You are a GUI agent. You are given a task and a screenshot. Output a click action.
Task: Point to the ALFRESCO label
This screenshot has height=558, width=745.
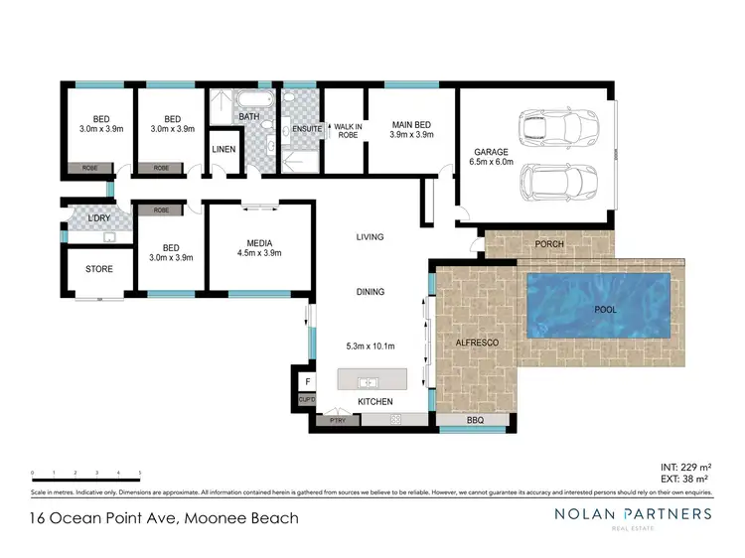pos(476,343)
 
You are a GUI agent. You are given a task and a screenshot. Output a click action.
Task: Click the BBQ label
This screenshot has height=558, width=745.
pos(474,421)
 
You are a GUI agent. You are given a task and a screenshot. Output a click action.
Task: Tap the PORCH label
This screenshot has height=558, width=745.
pos(549,243)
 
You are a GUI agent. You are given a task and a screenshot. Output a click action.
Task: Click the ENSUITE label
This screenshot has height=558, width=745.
pos(306,129)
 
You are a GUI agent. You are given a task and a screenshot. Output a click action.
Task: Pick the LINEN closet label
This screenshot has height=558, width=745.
pos(224,149)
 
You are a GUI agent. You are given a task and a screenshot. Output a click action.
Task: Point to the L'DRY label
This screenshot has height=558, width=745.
pos(97,218)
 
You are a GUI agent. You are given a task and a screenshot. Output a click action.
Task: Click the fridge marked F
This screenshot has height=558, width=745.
pos(308,381)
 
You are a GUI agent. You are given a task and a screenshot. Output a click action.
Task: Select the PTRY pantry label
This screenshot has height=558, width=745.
pos(338,421)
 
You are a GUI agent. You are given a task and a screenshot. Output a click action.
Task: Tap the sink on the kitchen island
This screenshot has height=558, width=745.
pos(365,381)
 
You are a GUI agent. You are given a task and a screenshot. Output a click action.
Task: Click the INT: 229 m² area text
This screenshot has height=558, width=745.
pos(685,467)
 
